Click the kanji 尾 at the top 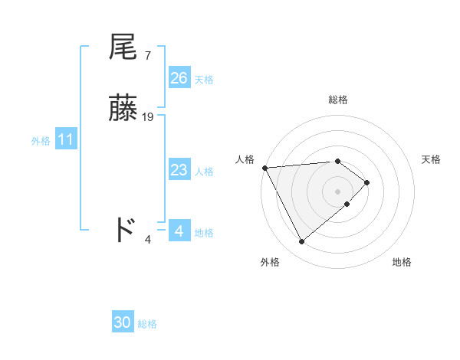coord(123,47)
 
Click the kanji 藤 coord(123,109)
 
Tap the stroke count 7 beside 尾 coord(147,55)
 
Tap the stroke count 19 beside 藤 coord(149,117)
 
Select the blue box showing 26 coord(179,78)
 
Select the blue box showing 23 coord(179,170)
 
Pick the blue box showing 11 coord(66,140)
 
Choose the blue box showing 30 coord(123,322)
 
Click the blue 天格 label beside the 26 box coord(204,80)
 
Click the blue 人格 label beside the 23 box coord(204,172)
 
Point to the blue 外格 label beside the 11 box coord(41,141)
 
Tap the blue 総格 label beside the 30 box coord(147,324)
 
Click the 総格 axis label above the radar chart coord(338,100)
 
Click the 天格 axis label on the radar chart coord(431,159)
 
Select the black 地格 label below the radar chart coord(402,262)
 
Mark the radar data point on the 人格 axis coord(264,167)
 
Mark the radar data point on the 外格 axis coord(302,242)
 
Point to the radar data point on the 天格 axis coord(367,182)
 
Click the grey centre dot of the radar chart coord(338,191)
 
